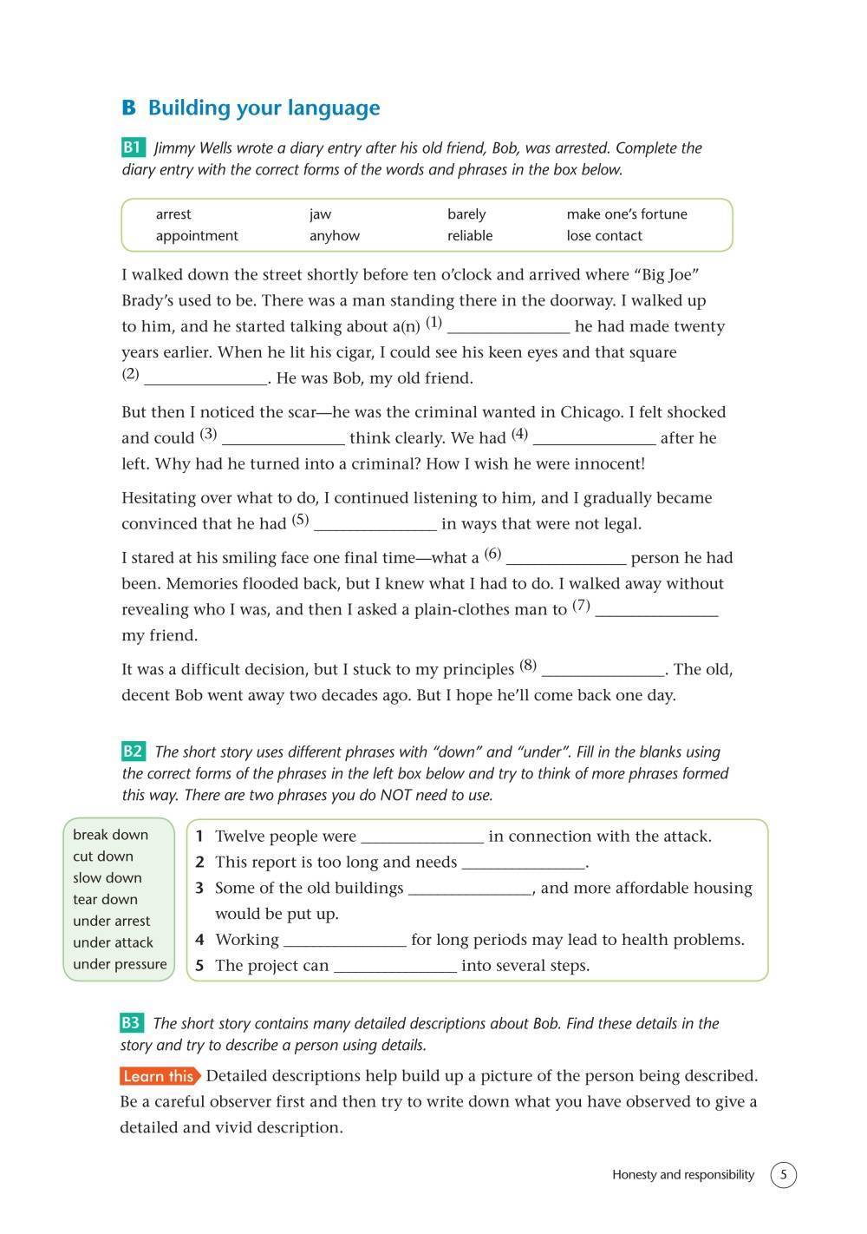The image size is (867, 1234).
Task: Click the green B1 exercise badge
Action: click(133, 148)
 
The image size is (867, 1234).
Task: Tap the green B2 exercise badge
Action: click(133, 752)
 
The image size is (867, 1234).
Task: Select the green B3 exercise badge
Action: click(131, 1023)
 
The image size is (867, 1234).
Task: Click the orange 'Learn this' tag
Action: click(160, 1076)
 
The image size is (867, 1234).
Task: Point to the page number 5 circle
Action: click(783, 1175)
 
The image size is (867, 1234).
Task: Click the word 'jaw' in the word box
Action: click(320, 214)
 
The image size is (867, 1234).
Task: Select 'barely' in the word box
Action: click(466, 214)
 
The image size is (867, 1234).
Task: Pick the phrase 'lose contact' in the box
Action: click(604, 236)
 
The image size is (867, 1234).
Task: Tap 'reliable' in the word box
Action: click(470, 236)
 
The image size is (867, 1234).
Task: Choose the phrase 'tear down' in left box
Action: click(105, 900)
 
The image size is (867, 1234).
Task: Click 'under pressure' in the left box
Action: click(120, 964)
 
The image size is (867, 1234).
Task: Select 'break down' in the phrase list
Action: click(110, 835)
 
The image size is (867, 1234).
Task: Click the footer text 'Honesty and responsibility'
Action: click(683, 1175)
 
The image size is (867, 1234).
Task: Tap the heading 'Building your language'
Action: click(264, 108)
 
